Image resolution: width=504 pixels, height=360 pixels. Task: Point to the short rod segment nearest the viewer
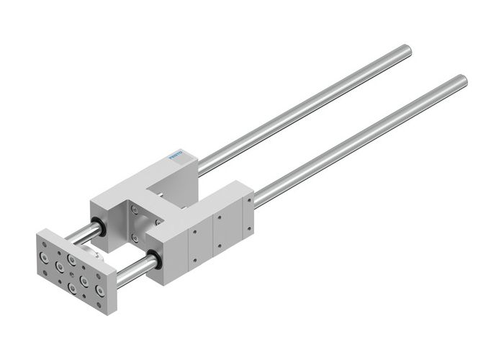[x=135, y=269]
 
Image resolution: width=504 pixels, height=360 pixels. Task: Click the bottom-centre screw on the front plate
[x=72, y=289]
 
